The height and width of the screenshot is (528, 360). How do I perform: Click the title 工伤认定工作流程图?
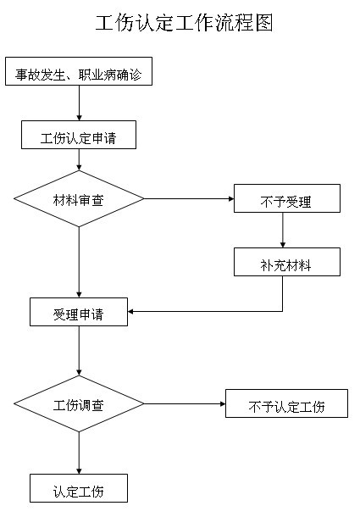(x=184, y=23)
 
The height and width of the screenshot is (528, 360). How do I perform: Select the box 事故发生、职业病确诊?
(x=79, y=71)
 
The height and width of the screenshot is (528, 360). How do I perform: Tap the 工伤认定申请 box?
(x=79, y=135)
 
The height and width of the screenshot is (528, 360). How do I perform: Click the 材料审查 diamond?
(x=79, y=198)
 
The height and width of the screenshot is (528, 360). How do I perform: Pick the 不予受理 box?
(x=287, y=198)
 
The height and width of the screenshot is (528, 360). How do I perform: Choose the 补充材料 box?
(x=287, y=262)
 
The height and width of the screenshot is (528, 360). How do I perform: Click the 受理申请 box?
(x=79, y=312)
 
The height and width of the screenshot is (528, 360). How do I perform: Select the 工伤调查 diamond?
(x=79, y=403)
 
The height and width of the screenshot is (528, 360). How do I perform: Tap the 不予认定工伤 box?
(x=286, y=403)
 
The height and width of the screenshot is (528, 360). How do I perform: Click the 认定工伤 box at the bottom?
(x=79, y=488)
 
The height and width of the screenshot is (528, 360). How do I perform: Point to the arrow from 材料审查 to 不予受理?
(x=189, y=198)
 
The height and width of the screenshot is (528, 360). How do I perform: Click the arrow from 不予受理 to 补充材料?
(x=283, y=231)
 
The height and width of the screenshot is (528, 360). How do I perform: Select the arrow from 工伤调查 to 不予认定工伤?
(x=185, y=403)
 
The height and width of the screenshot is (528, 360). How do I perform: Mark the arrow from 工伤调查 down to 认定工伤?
(x=79, y=453)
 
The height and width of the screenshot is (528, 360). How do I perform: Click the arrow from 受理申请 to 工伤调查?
(x=79, y=351)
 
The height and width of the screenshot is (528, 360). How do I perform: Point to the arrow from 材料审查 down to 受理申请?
(x=79, y=263)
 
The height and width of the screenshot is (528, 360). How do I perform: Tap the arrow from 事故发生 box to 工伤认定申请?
(x=79, y=103)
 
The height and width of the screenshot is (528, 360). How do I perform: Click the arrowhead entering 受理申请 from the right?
(x=130, y=312)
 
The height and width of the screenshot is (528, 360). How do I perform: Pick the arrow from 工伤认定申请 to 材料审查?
(x=79, y=159)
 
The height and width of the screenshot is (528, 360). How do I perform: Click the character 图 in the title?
(x=264, y=23)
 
